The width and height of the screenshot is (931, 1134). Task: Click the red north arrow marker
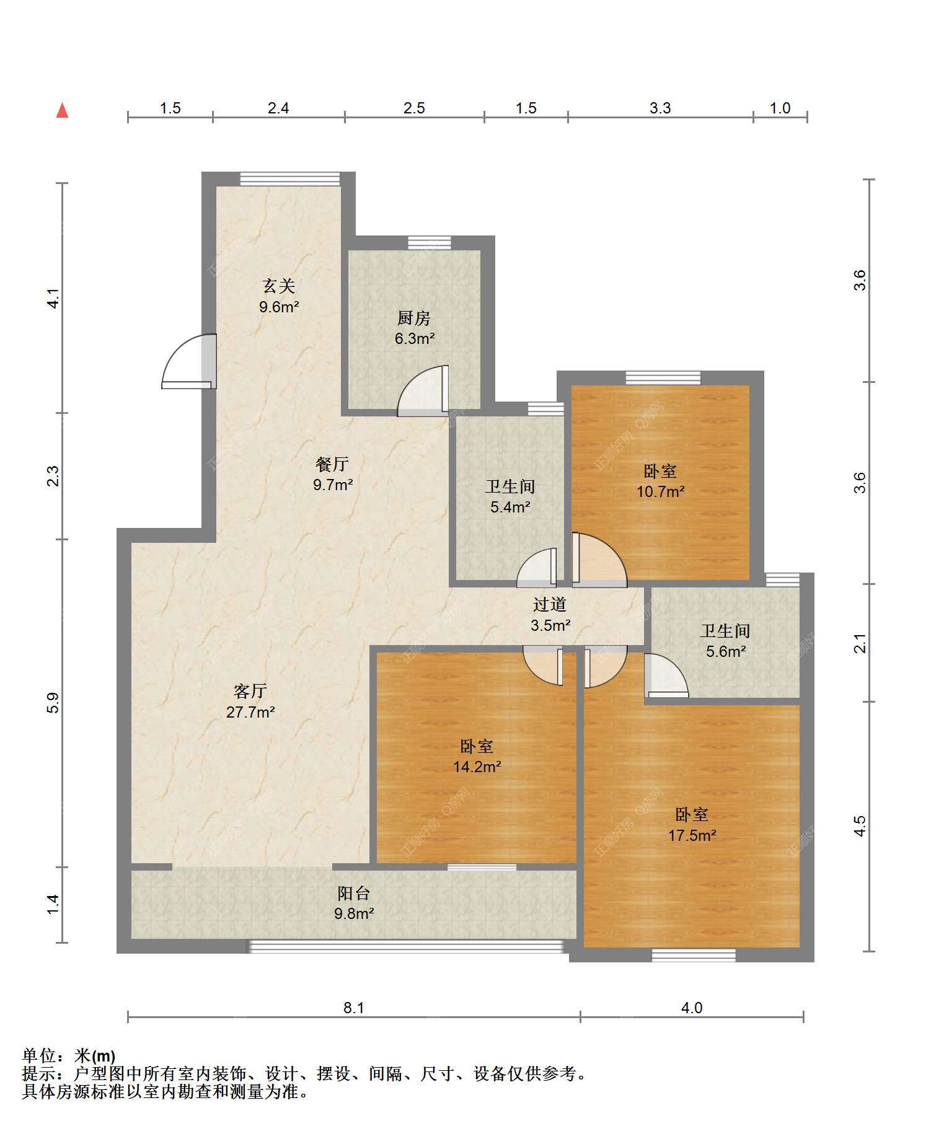click(62, 110)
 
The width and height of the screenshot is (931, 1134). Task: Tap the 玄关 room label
click(279, 286)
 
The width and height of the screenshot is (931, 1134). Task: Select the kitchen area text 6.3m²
click(415, 339)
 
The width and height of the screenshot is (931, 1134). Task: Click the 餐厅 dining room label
click(332, 464)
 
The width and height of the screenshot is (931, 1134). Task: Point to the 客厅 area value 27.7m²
click(250, 712)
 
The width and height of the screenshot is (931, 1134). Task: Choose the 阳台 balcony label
click(354, 893)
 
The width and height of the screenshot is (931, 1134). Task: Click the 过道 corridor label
click(550, 604)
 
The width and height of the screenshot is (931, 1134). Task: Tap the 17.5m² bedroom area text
click(692, 835)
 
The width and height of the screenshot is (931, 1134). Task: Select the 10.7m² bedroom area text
click(661, 492)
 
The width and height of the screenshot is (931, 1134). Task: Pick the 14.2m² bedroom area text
click(477, 767)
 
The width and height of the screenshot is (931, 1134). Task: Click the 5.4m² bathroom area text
click(510, 508)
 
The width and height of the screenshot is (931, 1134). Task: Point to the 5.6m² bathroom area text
click(726, 652)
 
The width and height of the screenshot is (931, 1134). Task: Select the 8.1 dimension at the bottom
click(354, 1008)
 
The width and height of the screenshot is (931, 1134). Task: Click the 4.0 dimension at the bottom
click(692, 1008)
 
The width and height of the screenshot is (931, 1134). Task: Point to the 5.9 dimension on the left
click(53, 703)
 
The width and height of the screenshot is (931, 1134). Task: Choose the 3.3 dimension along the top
click(660, 108)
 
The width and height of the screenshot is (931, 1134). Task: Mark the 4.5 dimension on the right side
click(860, 826)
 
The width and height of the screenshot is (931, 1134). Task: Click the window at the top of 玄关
click(290, 179)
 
